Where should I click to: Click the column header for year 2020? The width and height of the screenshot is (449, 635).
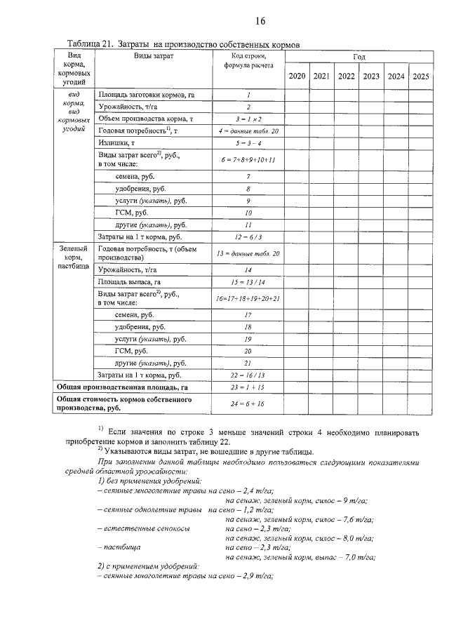coord(297,76)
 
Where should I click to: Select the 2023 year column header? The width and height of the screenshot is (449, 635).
coord(371,76)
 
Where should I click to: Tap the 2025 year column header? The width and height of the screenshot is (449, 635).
coord(421,76)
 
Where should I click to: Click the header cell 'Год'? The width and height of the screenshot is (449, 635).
coord(359,55)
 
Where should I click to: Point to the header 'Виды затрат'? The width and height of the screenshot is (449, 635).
coord(154,55)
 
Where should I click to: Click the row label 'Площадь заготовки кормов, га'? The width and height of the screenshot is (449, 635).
coord(146,93)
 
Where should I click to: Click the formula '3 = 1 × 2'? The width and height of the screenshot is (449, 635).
coord(248,119)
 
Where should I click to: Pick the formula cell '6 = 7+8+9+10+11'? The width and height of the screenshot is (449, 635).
coord(248,160)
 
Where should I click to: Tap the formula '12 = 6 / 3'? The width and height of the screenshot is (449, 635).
coord(248,237)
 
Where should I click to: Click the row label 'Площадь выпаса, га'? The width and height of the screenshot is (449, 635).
coord(134,282)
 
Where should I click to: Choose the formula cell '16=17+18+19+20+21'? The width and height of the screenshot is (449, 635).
coord(248,299)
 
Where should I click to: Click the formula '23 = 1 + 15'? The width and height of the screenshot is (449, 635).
coord(248,387)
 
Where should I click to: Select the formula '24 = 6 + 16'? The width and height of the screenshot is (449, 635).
coord(248,403)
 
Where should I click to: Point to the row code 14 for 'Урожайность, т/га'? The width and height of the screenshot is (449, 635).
coord(248,269)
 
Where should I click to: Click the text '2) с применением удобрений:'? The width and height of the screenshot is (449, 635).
coord(147,566)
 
